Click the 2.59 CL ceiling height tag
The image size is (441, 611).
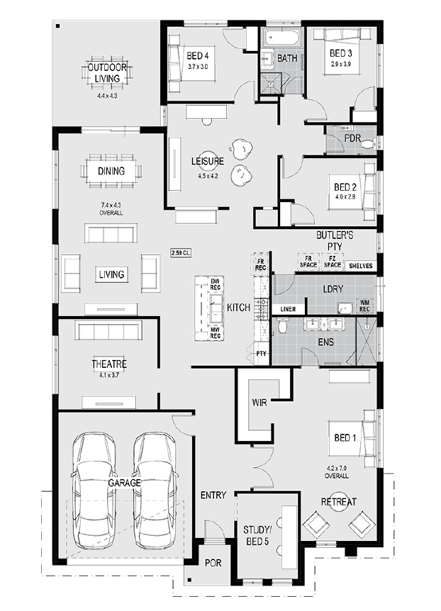(180, 253)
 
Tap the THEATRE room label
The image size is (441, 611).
(109, 364)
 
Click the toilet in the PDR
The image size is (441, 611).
(368, 144)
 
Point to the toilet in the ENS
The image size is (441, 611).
(283, 325)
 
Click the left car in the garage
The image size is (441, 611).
(94, 491)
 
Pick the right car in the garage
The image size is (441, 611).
(155, 491)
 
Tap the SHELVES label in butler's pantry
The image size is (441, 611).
(361, 266)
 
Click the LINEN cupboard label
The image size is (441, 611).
(288, 309)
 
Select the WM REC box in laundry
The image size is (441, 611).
(364, 305)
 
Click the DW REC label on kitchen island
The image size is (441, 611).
(216, 284)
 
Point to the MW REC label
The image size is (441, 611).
(216, 332)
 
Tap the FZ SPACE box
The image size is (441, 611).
(333, 262)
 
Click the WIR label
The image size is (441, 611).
(259, 402)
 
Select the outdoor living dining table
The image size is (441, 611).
(107, 72)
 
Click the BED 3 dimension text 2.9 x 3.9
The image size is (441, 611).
(341, 65)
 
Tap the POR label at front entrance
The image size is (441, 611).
(213, 563)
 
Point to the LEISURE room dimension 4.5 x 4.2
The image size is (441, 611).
(208, 176)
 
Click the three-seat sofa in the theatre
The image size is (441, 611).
(108, 330)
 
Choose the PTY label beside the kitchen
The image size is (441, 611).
(261, 354)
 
